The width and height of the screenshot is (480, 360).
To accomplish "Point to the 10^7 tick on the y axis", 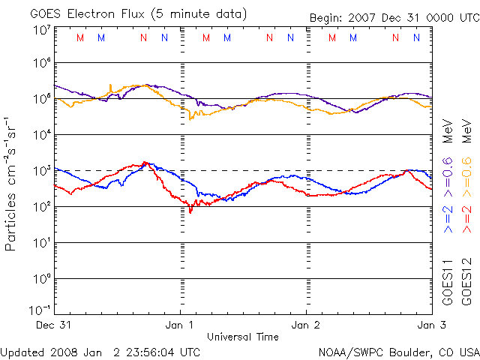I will pos(41,30).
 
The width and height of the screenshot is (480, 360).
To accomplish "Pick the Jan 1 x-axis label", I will pos(181,325).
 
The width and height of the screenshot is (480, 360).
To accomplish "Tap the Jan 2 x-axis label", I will pos(306,325).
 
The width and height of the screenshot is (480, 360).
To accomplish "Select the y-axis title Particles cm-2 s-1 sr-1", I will pos(11,184).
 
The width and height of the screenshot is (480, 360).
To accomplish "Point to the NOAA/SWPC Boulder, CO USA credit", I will pos(398,351).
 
